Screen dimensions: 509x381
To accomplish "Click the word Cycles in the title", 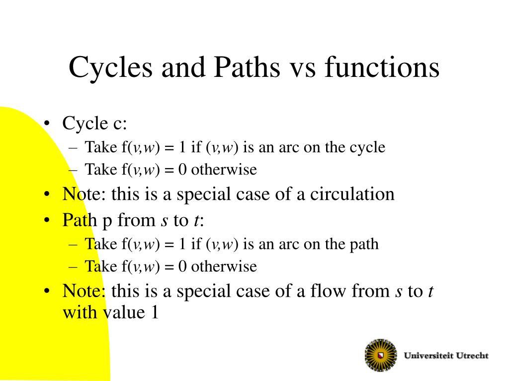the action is [111, 67].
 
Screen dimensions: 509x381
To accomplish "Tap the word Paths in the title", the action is [247, 67].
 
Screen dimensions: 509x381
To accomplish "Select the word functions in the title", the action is [382, 67].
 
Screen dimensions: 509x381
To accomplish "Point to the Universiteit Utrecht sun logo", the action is [381, 355].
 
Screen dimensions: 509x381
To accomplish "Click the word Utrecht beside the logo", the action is [472, 355].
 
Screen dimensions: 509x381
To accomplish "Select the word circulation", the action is [352, 194].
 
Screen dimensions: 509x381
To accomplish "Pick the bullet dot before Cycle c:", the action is [47, 123].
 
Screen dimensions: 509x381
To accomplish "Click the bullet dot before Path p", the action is [47, 220].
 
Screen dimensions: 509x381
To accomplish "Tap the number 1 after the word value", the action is [155, 313].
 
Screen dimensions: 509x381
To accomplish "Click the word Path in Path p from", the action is [80, 220].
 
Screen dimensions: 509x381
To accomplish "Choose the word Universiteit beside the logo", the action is [427, 355].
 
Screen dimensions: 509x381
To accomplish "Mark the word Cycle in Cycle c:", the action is [85, 124].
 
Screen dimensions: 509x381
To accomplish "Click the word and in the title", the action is [183, 67].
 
